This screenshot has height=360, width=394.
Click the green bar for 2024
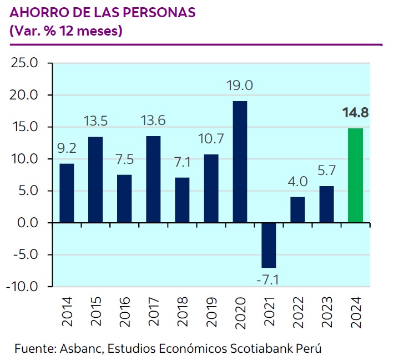pyautogui.click(x=355, y=176)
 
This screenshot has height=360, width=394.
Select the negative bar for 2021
pyautogui.click(x=269, y=246)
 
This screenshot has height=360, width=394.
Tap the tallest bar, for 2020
pyautogui.click(x=240, y=162)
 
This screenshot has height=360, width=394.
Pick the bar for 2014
pyautogui.click(x=67, y=193)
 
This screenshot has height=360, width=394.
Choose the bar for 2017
pyautogui.click(x=153, y=179)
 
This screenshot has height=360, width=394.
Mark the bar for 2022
pyautogui.click(x=297, y=210)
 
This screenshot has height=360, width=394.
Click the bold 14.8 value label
pyautogui.click(x=355, y=112)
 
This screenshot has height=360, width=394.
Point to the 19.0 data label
pyautogui.click(x=240, y=86)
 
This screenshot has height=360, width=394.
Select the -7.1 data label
pyautogui.click(x=268, y=280)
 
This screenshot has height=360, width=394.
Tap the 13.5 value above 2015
pyautogui.click(x=95, y=121)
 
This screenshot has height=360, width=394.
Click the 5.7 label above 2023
pyautogui.click(x=327, y=171)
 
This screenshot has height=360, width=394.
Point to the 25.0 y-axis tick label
pyautogui.click(x=24, y=63)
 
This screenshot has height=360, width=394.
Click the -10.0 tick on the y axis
pyautogui.click(x=22, y=286)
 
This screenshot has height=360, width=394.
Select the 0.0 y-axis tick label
pyautogui.click(x=28, y=223)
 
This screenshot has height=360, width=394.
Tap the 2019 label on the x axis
pyautogui.click(x=211, y=312)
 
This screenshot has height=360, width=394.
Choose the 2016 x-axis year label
pyautogui.click(x=124, y=312)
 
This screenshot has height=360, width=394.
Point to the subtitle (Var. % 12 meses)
pyautogui.click(x=66, y=31)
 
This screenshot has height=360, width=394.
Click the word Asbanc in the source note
pyautogui.click(x=82, y=348)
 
